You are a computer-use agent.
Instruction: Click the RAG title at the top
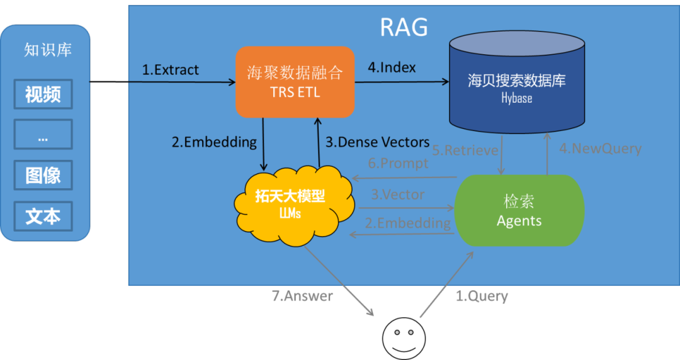coord(404,28)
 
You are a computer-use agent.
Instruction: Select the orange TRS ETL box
coord(295,82)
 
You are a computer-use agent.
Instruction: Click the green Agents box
coord(519,210)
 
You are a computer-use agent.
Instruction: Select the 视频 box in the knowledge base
coord(43,94)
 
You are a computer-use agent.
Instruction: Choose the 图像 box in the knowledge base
coord(43,176)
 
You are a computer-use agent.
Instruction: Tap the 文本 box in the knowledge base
coord(43,217)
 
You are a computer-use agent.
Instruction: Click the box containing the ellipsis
coord(43,135)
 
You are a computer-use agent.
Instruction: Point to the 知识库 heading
coord(48,50)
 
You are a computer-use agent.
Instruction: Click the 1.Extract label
coord(170,70)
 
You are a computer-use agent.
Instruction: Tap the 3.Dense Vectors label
coord(377,142)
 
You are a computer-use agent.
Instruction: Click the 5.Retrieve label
coord(465,150)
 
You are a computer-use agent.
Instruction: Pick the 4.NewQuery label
coord(600,149)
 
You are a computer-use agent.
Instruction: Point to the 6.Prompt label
coord(398,164)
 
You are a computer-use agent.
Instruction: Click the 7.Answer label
coord(302,296)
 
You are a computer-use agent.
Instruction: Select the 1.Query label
coord(482,296)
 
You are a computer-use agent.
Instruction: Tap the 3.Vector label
coord(397,195)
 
